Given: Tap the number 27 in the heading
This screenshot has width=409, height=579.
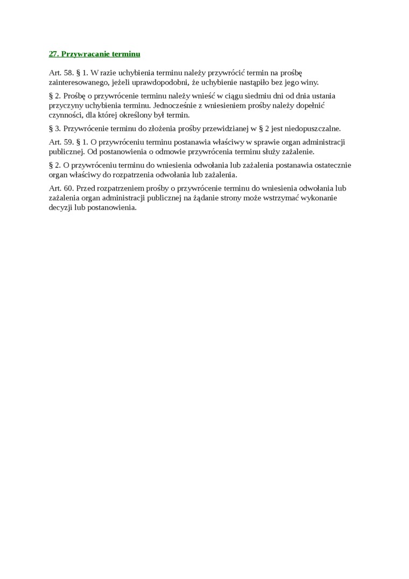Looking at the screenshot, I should [x=53, y=54].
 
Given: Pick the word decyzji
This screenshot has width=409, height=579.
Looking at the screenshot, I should [x=60, y=208].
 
